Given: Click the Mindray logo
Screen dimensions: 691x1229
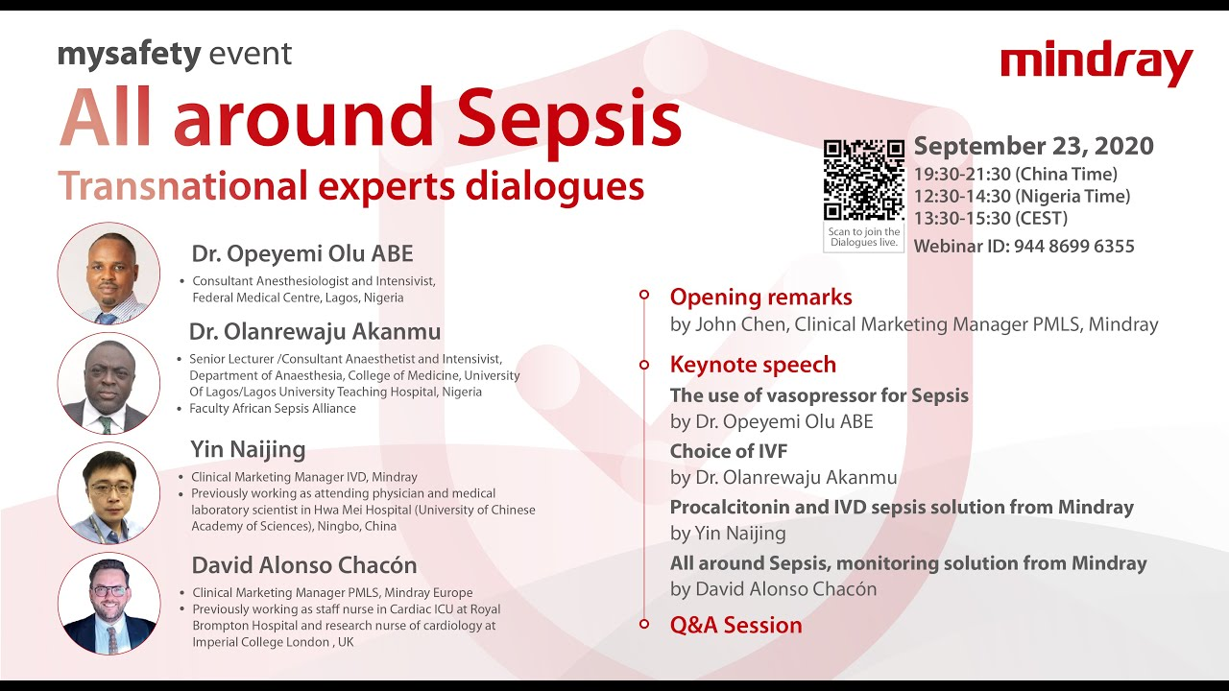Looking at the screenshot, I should click(1096, 64).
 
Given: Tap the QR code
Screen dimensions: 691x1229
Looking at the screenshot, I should click(863, 179).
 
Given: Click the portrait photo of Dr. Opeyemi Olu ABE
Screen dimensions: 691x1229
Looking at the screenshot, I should click(108, 274).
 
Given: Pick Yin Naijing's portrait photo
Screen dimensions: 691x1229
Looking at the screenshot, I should click(108, 493).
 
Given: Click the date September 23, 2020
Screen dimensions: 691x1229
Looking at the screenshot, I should click(1033, 147).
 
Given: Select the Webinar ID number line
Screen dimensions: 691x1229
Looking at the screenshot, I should click(1024, 247).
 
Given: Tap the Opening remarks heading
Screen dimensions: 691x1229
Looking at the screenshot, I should click(760, 298).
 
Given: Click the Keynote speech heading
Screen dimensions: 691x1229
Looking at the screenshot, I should click(753, 365).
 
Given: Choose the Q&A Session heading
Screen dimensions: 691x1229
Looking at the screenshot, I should click(735, 625).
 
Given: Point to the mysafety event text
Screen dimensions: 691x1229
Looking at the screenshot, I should click(175, 53).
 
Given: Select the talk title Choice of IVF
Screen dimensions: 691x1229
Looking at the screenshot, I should click(728, 451).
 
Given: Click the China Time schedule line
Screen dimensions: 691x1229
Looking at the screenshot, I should click(1015, 175).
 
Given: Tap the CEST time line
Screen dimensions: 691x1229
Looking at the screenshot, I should click(990, 218).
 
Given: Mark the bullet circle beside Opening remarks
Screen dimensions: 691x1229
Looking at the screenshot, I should click(644, 296).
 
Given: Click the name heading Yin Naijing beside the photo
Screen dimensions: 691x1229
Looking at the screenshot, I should click(248, 449).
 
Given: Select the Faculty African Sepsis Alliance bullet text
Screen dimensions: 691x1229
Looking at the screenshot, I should click(273, 409).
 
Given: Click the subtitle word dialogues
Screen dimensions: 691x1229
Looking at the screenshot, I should click(555, 186).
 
